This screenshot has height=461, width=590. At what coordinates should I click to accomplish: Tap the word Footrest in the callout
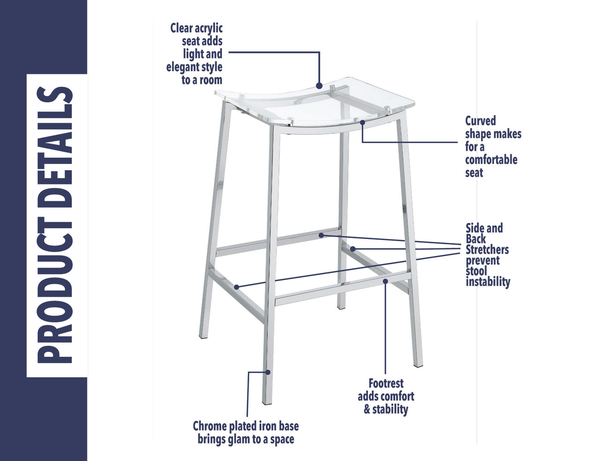386,384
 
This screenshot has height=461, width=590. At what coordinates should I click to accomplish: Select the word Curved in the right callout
481,121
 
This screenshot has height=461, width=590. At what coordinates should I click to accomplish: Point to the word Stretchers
487,250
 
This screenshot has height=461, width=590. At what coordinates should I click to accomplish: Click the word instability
487,282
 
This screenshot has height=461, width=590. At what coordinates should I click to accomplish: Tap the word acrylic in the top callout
210,28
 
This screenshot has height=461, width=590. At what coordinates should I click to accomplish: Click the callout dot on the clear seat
319,86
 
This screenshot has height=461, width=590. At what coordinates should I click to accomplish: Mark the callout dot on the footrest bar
385,281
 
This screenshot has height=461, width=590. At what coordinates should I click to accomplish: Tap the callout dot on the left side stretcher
237,287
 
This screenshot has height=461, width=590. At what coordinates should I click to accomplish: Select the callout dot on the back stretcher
321,235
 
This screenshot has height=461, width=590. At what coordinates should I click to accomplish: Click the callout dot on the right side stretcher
353,249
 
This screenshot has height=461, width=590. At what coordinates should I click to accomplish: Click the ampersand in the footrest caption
367,409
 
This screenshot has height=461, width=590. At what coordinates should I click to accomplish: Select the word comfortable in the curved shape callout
491,160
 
